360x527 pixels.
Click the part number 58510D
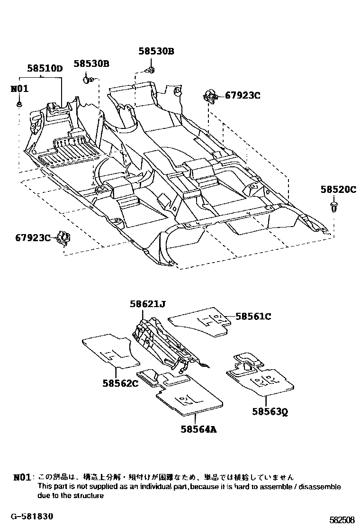click(x=45, y=68)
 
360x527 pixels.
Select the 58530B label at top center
click(x=156, y=51)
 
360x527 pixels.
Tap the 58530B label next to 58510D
click(x=91, y=64)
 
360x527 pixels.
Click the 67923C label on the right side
click(x=243, y=95)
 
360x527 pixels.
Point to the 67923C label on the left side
click(x=32, y=237)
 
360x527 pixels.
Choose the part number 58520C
click(x=338, y=189)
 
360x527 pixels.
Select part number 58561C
click(x=253, y=317)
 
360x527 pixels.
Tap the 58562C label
click(x=120, y=383)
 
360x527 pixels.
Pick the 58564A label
click(x=198, y=429)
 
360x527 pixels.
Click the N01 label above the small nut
click(x=19, y=89)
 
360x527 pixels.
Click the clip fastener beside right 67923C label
click(x=210, y=96)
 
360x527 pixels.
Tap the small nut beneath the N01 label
click(x=19, y=104)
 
